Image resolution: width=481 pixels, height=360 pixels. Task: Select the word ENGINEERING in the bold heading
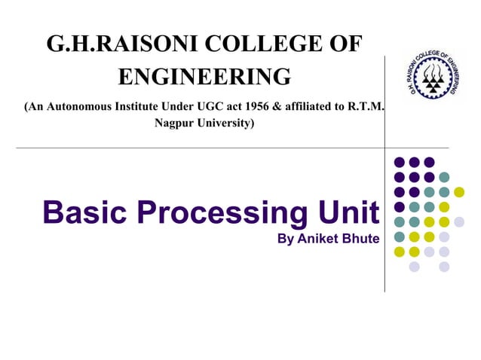click(204, 76)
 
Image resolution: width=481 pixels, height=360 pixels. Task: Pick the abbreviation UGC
click(212, 107)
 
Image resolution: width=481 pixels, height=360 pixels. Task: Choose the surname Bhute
click(360, 239)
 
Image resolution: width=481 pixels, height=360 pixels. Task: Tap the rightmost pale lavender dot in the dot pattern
click(459, 221)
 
